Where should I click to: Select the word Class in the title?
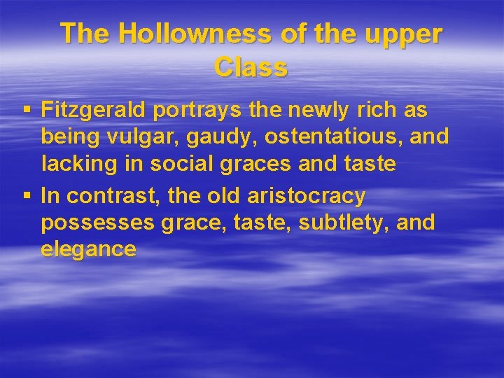[251, 67]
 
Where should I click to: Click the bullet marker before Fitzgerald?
[27, 111]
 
